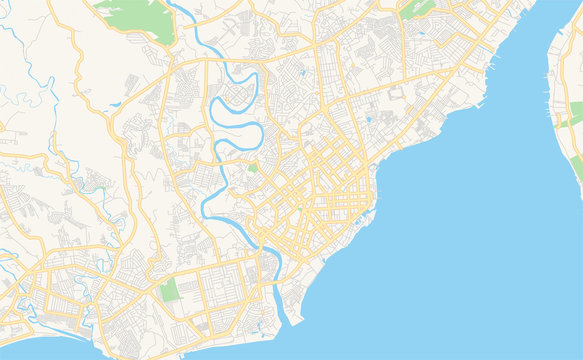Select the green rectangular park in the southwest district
[x=169, y=290]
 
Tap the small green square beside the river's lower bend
[x=252, y=167]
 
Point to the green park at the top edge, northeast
[x=418, y=8]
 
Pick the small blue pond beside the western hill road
[x=116, y=104]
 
